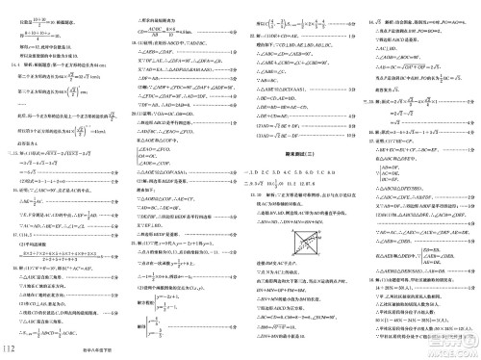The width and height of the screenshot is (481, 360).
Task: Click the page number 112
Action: [x=13, y=347]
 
